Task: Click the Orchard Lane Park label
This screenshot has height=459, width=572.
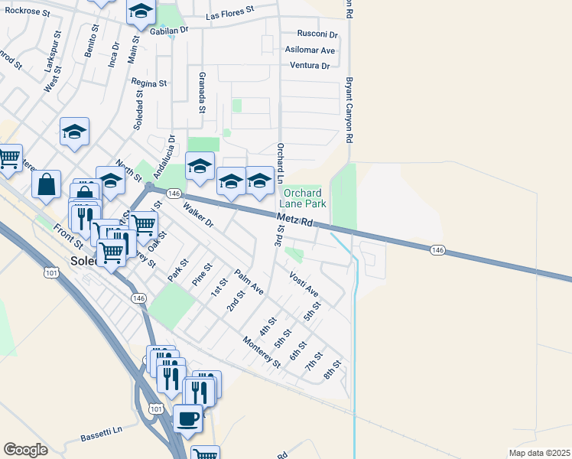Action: click(305, 198)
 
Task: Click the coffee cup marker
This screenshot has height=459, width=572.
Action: click(187, 418)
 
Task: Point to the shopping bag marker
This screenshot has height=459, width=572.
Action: click(46, 184)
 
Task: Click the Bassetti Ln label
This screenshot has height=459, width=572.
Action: click(101, 435)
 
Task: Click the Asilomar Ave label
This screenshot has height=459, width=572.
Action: click(310, 50)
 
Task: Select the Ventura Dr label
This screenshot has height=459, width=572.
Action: click(310, 66)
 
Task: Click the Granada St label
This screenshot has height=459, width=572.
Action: click(202, 93)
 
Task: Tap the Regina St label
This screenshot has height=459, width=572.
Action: click(149, 82)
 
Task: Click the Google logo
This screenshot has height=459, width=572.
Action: click(25, 450)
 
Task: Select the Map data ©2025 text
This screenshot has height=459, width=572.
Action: click(539, 453)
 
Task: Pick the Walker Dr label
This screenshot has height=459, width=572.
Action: click(197, 214)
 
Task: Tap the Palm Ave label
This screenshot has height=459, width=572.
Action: click(249, 282)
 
